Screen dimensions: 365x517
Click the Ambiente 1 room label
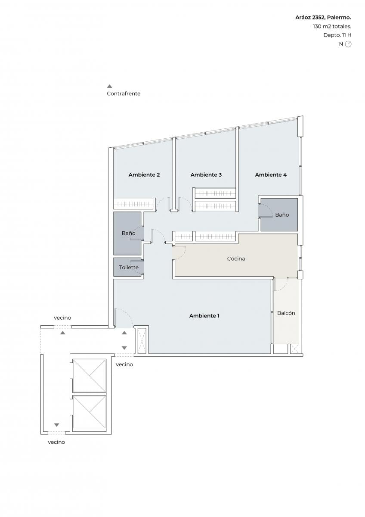[x=204, y=315]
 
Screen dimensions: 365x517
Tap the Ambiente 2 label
[x=144, y=175]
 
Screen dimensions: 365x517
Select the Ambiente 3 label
[x=206, y=175]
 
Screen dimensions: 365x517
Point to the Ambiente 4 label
[x=271, y=175]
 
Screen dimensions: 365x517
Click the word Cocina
[x=236, y=258]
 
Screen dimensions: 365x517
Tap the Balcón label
[x=286, y=313]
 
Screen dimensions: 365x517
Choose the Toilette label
[x=129, y=267]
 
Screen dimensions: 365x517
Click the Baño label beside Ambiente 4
[x=282, y=215]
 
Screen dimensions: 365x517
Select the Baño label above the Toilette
[x=128, y=233]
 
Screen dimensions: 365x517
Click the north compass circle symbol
[x=348, y=44]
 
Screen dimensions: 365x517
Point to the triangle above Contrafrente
[x=109, y=86]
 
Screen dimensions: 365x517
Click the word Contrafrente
[x=124, y=93]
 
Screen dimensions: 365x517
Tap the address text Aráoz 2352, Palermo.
[x=323, y=17]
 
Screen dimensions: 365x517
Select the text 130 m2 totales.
[x=332, y=26]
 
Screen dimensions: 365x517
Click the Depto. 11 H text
[x=337, y=35]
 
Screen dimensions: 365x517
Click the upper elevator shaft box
[x=90, y=376]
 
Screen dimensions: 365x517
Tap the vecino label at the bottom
[x=56, y=442]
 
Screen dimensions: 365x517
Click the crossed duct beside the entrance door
[x=142, y=340]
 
